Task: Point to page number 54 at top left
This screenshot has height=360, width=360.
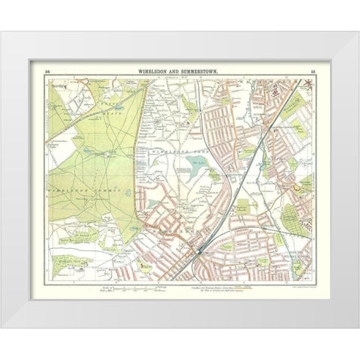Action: (47, 70)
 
